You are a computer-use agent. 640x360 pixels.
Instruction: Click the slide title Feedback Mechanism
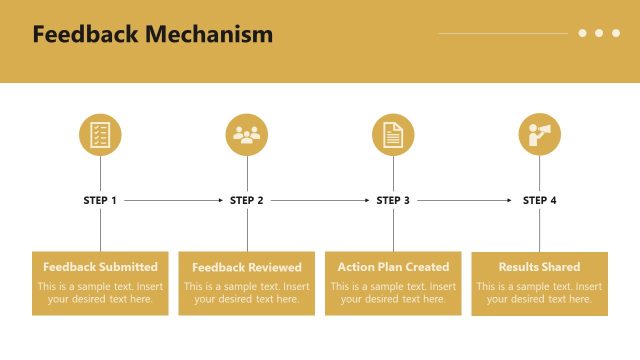pyautogui.click(x=152, y=35)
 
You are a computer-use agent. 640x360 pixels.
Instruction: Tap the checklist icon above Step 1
pyautogui.click(x=100, y=135)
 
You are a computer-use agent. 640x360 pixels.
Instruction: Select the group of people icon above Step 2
pyautogui.click(x=247, y=135)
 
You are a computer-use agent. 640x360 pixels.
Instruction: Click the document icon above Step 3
pyautogui.click(x=393, y=135)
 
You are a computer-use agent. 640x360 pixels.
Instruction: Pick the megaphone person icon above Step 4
pyautogui.click(x=539, y=135)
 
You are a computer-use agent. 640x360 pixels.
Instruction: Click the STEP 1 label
pyautogui.click(x=100, y=200)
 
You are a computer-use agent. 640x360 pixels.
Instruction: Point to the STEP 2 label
pyautogui.click(x=247, y=200)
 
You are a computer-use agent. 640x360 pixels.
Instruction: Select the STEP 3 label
pyautogui.click(x=393, y=200)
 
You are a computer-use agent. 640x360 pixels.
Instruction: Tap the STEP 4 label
pyautogui.click(x=539, y=200)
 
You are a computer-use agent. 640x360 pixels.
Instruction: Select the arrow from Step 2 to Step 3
pyautogui.click(x=320, y=200)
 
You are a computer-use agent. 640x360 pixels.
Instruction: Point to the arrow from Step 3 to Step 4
pyautogui.click(x=465, y=200)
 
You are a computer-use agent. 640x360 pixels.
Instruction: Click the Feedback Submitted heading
pyautogui.click(x=100, y=267)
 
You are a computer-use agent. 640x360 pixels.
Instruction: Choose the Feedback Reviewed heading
pyautogui.click(x=247, y=267)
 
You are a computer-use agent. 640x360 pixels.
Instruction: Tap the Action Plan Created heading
pyautogui.click(x=393, y=267)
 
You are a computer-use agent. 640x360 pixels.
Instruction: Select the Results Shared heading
pyautogui.click(x=539, y=267)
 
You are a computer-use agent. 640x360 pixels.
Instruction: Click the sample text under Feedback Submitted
pyautogui.click(x=100, y=293)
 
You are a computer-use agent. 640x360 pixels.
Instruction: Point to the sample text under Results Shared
pyautogui.click(x=539, y=293)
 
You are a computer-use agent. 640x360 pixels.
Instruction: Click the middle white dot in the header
pyautogui.click(x=599, y=33)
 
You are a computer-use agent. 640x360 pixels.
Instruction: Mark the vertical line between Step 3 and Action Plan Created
pyautogui.click(x=393, y=230)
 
